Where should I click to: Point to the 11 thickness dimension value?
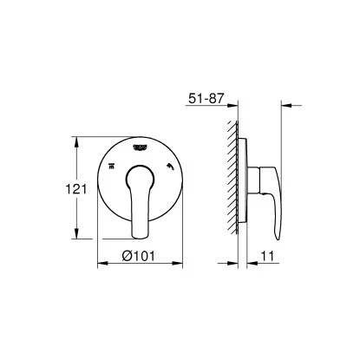point(272,256)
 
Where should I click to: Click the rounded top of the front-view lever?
point(137,170)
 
